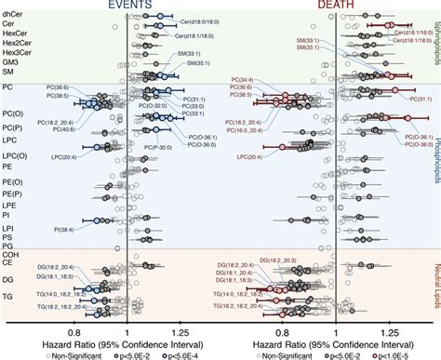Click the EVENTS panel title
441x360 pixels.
(x=127, y=5)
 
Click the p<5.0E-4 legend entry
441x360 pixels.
(x=186, y=353)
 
